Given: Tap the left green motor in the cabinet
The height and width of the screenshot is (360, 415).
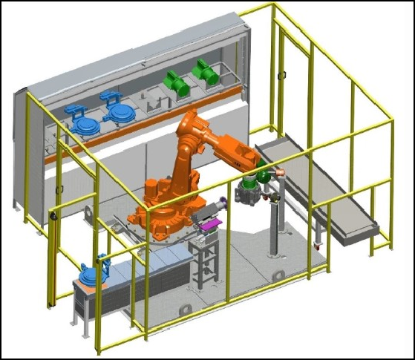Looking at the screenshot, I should click(177, 82).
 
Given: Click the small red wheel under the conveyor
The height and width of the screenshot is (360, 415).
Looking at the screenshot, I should click(319, 244).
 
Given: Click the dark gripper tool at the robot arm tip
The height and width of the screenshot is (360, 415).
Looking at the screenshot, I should click(246, 194).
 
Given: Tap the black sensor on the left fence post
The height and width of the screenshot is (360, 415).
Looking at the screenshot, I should click(53, 215).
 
